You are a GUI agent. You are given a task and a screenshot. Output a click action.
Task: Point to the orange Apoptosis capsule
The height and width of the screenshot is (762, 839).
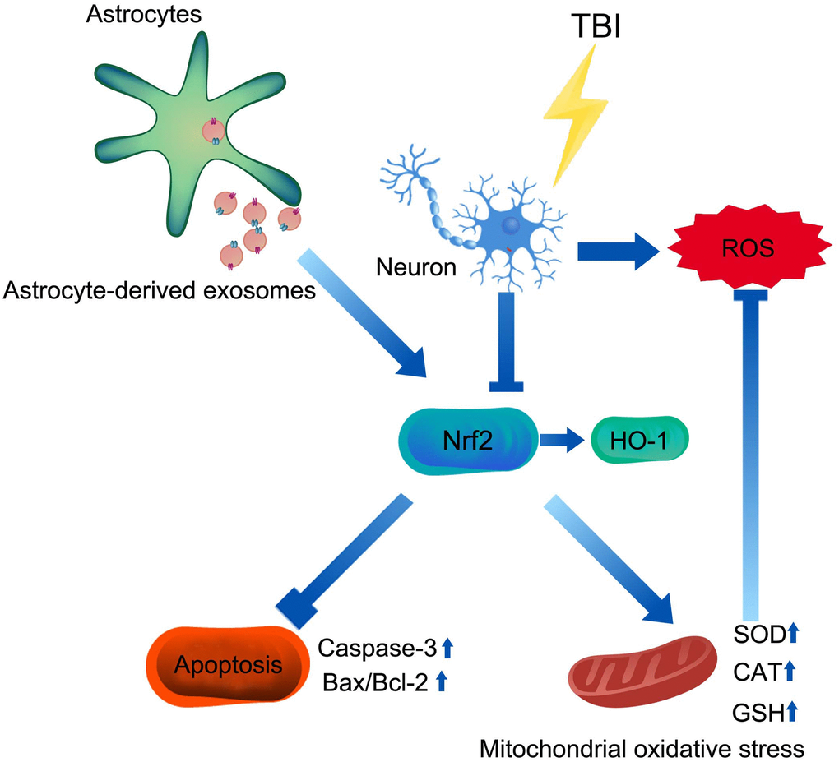tap(225, 664)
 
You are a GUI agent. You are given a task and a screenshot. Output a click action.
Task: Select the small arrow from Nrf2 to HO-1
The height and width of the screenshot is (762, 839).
tap(563, 439)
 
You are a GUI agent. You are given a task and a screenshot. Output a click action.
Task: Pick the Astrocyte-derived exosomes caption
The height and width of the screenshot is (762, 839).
tap(160, 290)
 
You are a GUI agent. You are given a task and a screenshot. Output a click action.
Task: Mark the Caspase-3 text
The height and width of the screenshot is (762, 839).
tap(373, 649)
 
